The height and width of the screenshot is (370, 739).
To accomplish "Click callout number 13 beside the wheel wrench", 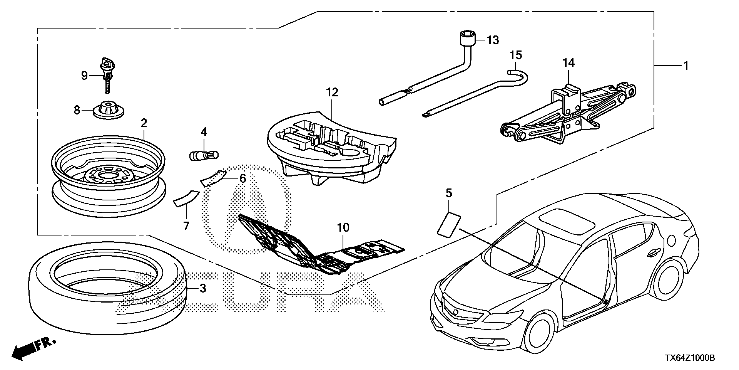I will (x=493, y=40).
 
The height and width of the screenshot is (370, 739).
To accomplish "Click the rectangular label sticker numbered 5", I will (x=449, y=224).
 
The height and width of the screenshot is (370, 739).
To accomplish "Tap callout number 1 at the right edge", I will (x=685, y=66).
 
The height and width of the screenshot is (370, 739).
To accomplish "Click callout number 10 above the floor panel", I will (x=343, y=228).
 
